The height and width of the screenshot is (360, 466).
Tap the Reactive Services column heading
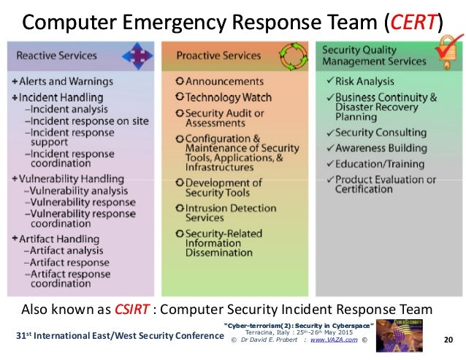(x=57, y=55)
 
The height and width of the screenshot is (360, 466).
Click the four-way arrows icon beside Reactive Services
(x=134, y=54)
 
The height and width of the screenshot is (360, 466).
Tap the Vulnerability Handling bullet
(x=67, y=179)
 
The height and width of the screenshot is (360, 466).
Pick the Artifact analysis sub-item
(x=67, y=250)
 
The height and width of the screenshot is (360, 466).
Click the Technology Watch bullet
(x=223, y=97)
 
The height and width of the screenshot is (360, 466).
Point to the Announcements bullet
(x=218, y=81)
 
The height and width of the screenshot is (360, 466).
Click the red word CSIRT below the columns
(x=133, y=307)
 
